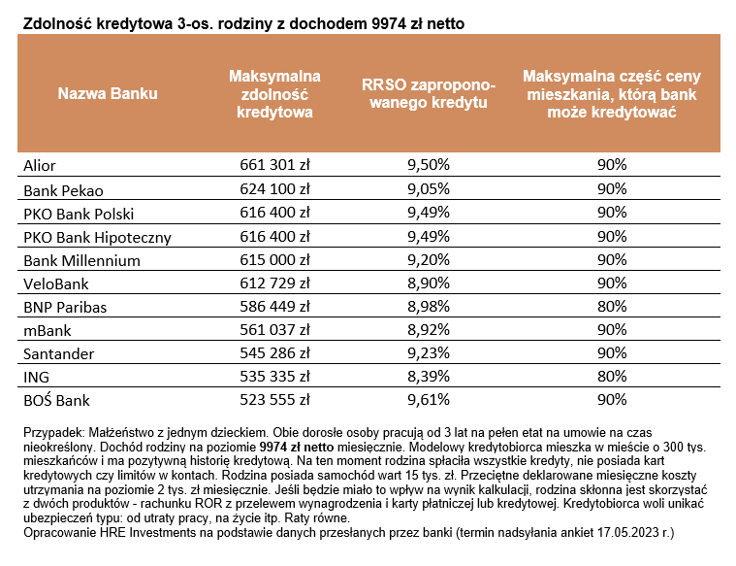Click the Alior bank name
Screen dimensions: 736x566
click(x=40, y=165)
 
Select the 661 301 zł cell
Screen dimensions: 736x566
click(x=275, y=164)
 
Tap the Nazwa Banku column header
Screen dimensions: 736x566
click(x=108, y=93)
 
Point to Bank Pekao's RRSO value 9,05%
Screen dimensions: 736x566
click(x=429, y=189)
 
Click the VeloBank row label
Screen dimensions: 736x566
click(x=56, y=283)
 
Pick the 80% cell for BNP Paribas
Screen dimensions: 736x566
click(x=612, y=307)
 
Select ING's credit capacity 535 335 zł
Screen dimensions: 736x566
click(x=275, y=376)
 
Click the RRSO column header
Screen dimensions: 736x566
click(x=429, y=93)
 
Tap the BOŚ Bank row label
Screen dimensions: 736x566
click(x=56, y=400)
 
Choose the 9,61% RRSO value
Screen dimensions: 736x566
click(x=429, y=400)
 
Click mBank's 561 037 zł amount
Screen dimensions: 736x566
click(x=275, y=329)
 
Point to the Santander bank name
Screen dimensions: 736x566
click(x=59, y=353)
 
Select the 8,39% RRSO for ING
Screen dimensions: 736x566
click(x=429, y=376)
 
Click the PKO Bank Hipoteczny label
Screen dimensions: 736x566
click(x=97, y=238)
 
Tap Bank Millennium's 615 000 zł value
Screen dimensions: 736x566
click(x=275, y=259)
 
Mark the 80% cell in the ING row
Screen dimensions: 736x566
click(x=612, y=376)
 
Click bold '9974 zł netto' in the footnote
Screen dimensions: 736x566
click(x=297, y=447)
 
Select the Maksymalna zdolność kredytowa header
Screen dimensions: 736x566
click(x=274, y=93)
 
